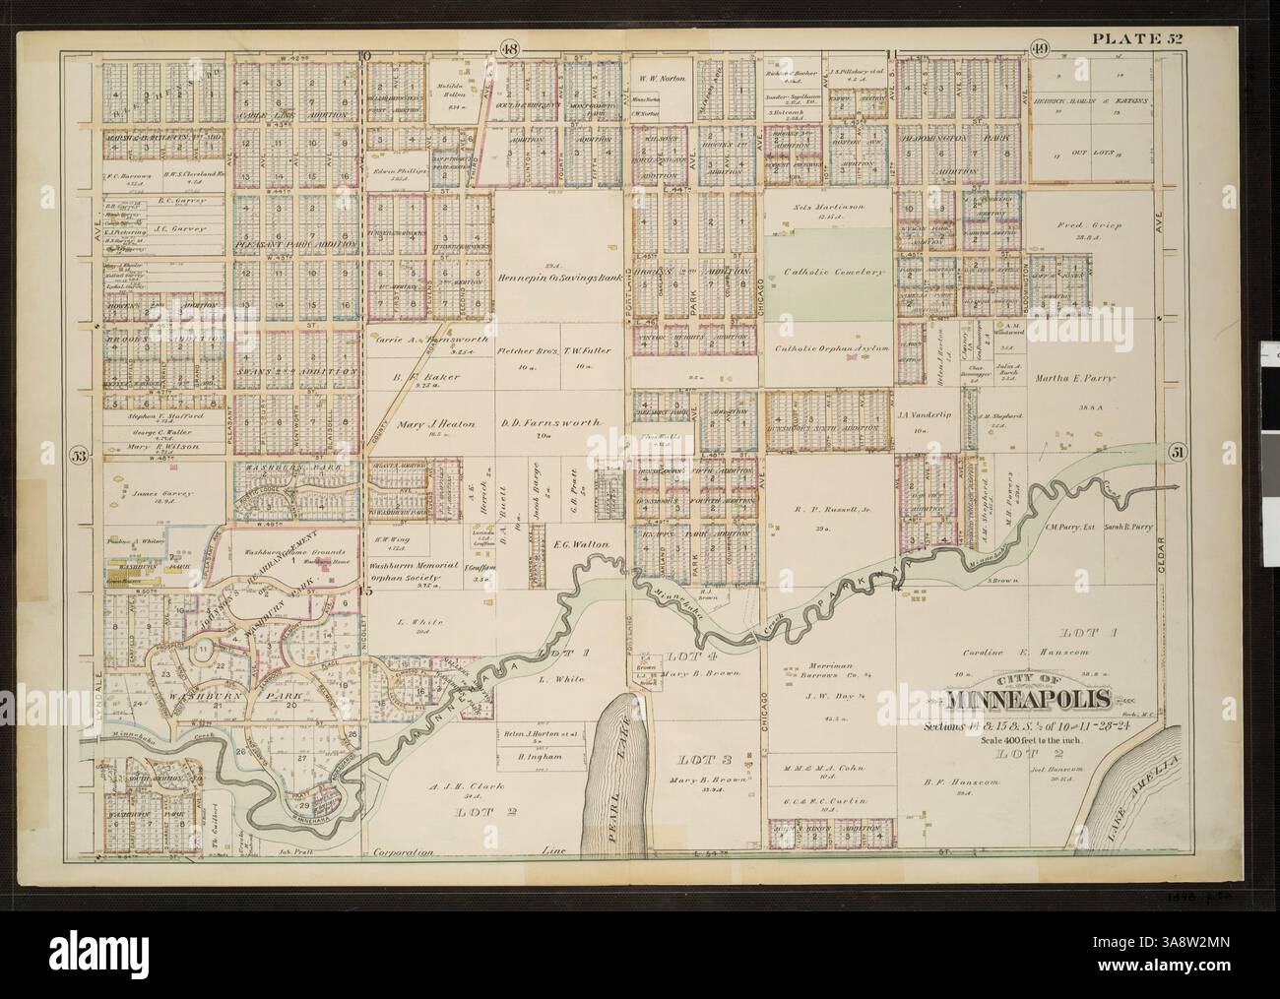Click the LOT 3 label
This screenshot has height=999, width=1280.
pyautogui.click(x=701, y=759)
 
